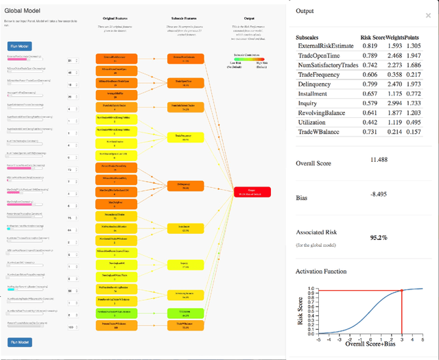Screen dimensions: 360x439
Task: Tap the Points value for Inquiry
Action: coord(413,122)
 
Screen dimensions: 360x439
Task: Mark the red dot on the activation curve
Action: coord(401,291)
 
